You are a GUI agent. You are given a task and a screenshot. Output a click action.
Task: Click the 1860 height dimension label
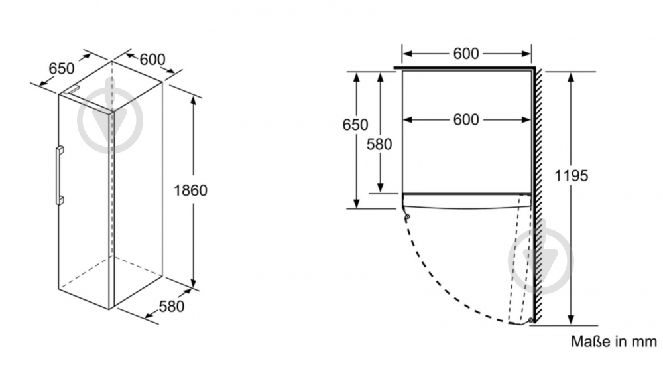[x=190, y=190]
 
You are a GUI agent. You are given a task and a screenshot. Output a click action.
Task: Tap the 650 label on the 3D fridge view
[x=62, y=68]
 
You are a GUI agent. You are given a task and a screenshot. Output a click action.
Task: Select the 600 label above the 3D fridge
[x=152, y=59]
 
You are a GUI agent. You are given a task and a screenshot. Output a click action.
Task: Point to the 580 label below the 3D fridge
[x=171, y=307]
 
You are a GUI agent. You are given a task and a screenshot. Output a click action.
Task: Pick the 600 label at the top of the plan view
[x=466, y=54]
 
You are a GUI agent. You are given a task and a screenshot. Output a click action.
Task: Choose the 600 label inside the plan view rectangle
[x=466, y=119]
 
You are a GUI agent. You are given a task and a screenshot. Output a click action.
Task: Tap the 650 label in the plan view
[x=355, y=125]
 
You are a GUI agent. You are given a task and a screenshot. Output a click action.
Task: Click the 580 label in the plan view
[x=379, y=143]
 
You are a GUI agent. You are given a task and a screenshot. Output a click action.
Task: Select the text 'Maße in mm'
[x=614, y=342]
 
